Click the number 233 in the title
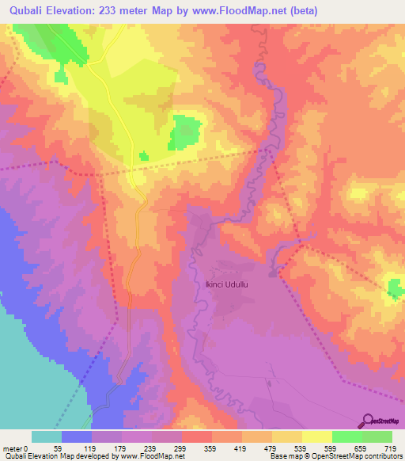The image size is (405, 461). [119, 9]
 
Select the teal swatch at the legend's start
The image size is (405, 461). [47, 436]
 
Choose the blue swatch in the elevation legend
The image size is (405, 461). [77, 436]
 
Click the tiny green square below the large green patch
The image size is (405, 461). [143, 157]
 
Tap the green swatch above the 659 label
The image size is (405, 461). [347, 436]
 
